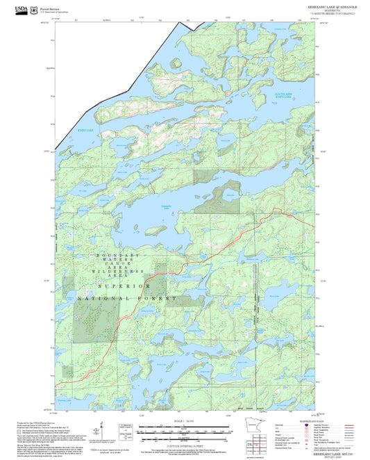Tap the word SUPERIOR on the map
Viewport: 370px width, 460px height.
[124, 286]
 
